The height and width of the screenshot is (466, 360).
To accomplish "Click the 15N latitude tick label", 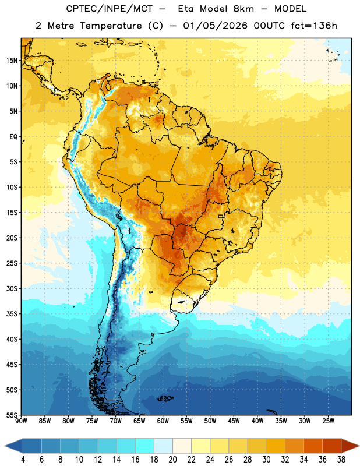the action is tap(12, 61).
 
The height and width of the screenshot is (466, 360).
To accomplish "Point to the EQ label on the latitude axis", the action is tap(13, 137).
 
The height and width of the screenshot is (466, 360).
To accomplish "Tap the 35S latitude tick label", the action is tap(12, 314).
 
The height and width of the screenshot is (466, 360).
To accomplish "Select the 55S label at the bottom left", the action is tap(12, 415).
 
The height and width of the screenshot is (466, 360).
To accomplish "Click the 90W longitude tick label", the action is tap(21, 421).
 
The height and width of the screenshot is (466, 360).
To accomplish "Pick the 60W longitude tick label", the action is tap(163, 421).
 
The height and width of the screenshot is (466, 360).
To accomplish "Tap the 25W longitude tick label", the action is tap(328, 421).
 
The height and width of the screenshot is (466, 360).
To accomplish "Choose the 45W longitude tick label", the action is tap(234, 421).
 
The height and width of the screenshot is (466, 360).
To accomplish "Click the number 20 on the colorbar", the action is tap(172, 460).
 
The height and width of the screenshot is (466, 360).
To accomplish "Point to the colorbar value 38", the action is tap(341, 460).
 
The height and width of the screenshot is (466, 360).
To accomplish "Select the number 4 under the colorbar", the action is tap(23, 460).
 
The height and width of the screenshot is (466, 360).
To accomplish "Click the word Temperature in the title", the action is tap(111, 26).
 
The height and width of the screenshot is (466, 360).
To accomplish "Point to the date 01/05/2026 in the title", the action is tap(215, 26).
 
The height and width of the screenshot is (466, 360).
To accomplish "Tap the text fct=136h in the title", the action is tap(314, 26).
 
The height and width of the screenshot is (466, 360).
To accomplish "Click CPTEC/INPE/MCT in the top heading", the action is tap(109, 9).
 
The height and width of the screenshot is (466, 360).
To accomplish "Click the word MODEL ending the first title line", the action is tap(290, 9).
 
